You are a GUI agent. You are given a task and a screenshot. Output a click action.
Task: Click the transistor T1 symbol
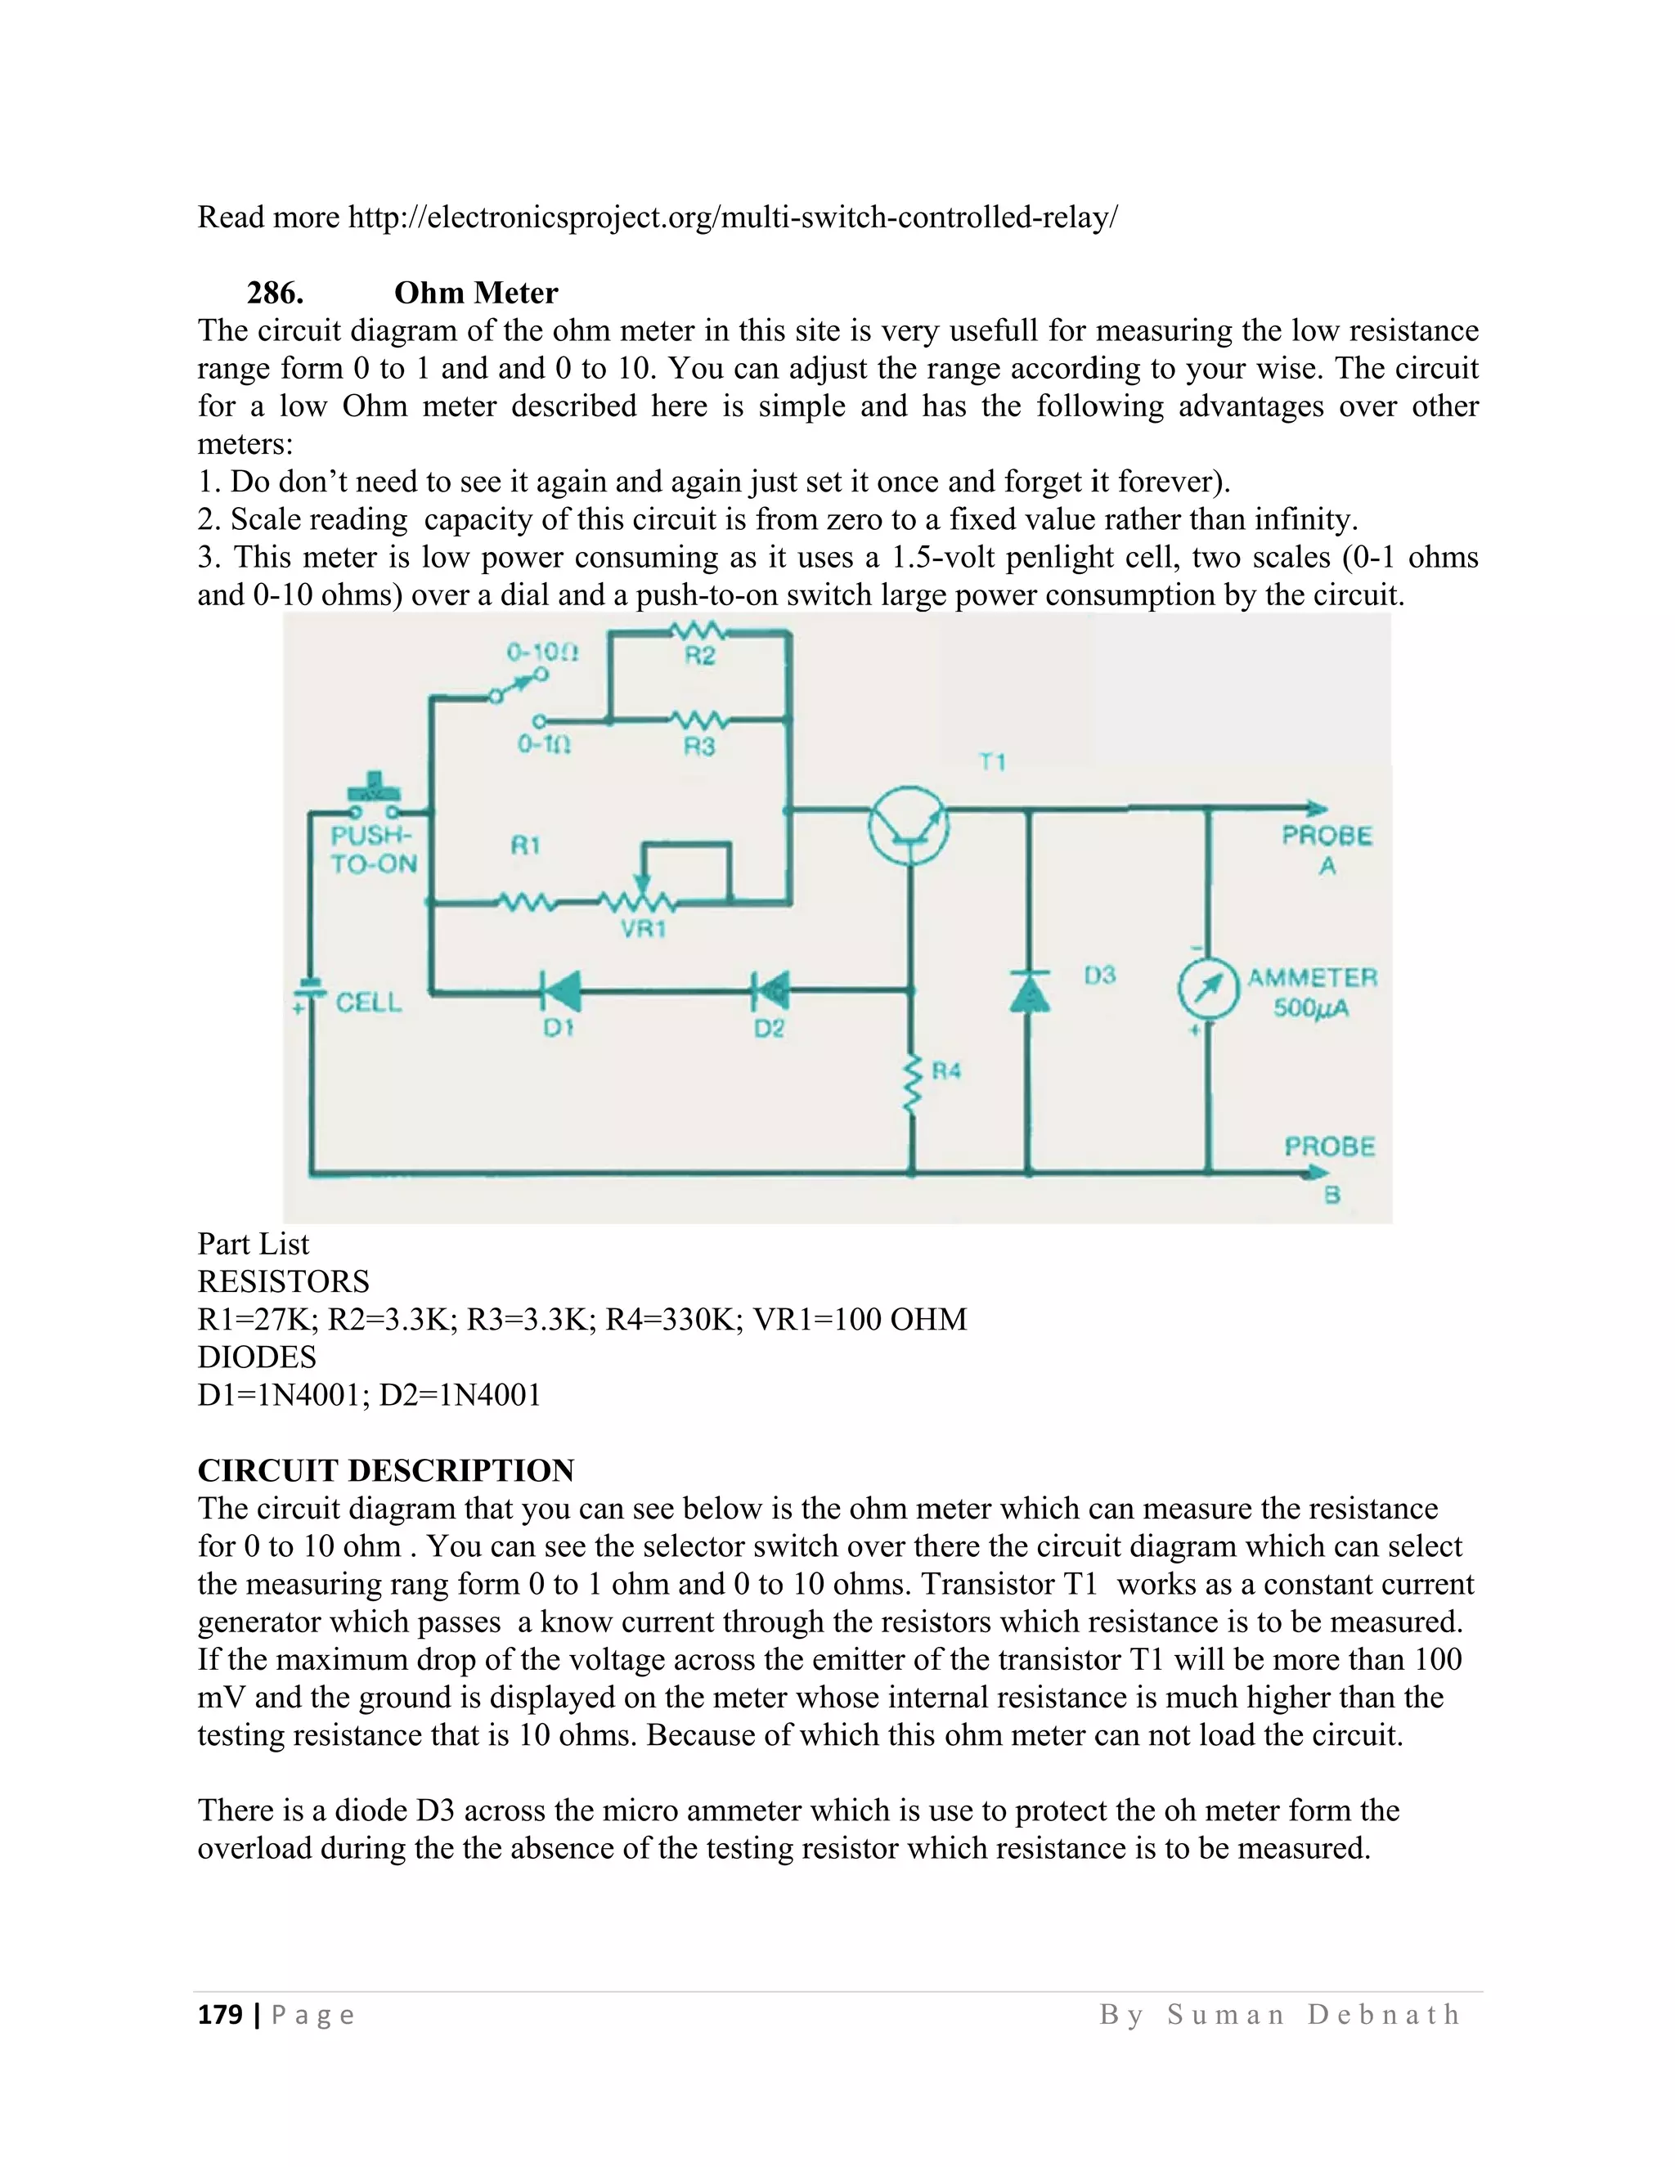tap(909, 824)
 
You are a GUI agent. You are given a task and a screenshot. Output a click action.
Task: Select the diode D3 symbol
tap(1029, 991)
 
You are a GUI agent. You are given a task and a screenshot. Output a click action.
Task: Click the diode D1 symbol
tap(560, 989)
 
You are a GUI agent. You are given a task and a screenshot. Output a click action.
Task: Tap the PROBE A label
tap(1327, 850)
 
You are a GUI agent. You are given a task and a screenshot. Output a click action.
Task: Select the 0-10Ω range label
tap(541, 652)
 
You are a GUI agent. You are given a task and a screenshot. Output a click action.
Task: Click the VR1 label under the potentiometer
tap(643, 930)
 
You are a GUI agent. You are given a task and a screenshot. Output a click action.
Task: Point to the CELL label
tap(368, 1003)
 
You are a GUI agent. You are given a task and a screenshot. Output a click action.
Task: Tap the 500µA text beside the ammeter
tap(1311, 1009)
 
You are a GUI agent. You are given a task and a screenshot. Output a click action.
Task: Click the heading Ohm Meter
tap(476, 293)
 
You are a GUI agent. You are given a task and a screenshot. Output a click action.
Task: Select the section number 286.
tap(275, 293)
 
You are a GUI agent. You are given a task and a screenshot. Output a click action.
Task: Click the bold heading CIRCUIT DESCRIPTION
tap(386, 1470)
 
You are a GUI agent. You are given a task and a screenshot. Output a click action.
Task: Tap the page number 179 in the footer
tap(220, 2015)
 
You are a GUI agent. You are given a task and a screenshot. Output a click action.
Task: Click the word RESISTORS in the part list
tap(284, 1281)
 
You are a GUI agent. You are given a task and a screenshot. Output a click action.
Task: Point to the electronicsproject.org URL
tap(732, 217)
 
